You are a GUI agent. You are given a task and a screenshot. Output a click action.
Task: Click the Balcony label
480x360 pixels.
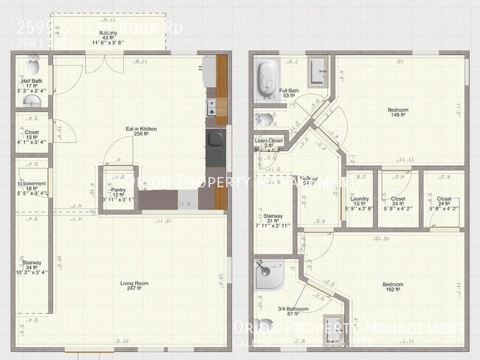[108, 32]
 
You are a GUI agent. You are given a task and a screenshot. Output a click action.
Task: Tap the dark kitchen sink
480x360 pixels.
[215, 138]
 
